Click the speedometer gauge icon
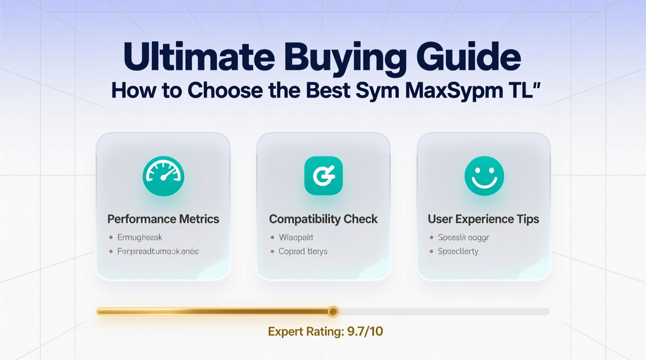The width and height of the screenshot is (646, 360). [163, 176]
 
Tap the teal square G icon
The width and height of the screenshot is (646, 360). [323, 176]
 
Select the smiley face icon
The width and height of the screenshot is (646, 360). [483, 176]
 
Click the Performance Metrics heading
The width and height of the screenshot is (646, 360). [163, 219]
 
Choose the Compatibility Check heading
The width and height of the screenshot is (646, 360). [323, 219]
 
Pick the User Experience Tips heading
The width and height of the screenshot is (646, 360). [483, 219]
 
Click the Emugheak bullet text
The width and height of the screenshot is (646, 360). [139, 237]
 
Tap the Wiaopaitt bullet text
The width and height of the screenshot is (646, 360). [296, 237]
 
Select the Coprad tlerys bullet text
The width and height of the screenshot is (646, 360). [303, 251]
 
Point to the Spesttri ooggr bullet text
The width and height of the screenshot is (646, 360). [464, 237]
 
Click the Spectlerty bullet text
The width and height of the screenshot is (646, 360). [458, 251]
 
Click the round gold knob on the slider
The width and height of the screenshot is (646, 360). [333, 311]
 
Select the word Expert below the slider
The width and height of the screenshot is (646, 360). [285, 331]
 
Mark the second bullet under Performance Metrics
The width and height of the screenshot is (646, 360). [158, 251]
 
